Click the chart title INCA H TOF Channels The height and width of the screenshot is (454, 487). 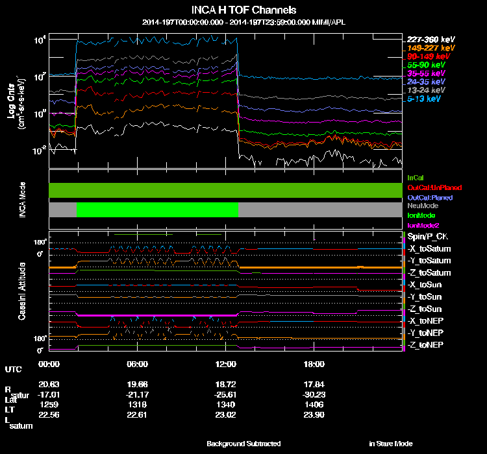243,10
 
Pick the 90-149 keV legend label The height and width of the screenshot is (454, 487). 426,56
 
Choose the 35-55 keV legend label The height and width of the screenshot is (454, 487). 426,74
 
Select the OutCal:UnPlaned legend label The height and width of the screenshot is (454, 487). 429,187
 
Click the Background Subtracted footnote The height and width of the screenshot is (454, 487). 243,444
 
